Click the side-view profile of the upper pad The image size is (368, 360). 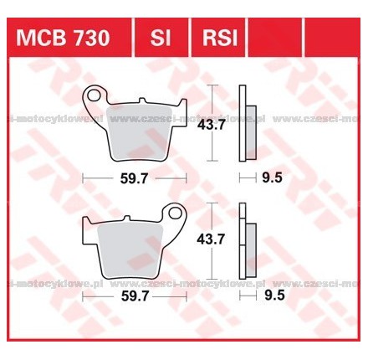pyautogui.click(x=244, y=124)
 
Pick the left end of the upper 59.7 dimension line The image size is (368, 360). pyautogui.click(x=84, y=178)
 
